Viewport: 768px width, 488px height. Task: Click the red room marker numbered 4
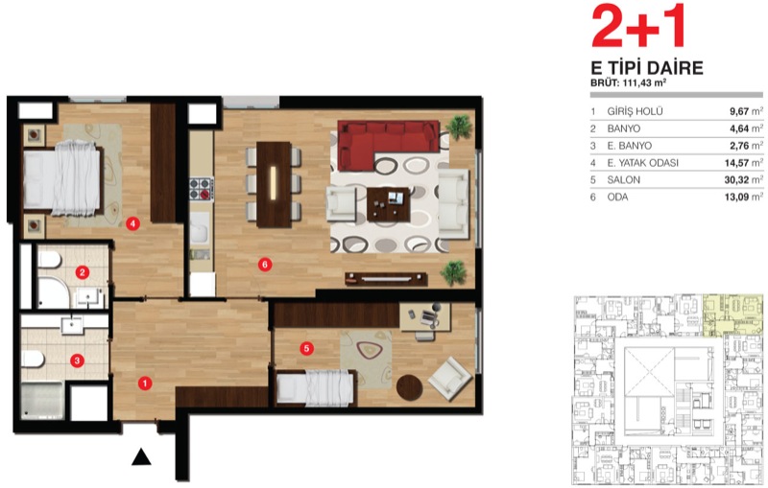(132, 223)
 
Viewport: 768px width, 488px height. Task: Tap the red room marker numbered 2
(82, 272)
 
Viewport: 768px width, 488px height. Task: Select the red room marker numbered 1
(145, 383)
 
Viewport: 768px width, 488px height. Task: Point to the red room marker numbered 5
(306, 348)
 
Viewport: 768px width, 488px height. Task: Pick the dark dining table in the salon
(274, 184)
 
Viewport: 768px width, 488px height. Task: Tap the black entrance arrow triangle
(141, 456)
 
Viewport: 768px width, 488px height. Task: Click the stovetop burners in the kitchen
(201, 189)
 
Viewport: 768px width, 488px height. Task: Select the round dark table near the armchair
(410, 387)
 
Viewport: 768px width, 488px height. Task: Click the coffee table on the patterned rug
(389, 204)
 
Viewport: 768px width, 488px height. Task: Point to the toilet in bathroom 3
(33, 360)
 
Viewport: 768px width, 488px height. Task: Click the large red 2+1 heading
(637, 27)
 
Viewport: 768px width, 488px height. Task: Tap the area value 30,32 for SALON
(736, 180)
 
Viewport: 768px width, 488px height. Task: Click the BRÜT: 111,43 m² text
(629, 83)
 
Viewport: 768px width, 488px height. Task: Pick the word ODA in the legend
(617, 198)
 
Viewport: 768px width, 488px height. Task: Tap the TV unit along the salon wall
(386, 279)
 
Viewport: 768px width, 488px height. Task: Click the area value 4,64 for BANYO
(739, 128)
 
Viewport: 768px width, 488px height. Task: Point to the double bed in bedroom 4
(62, 179)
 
